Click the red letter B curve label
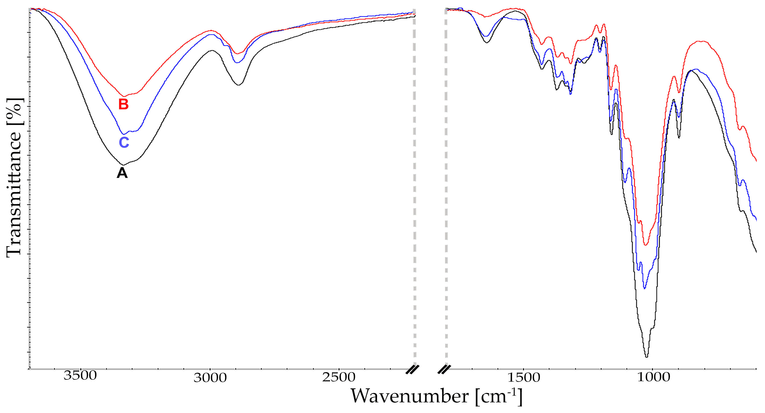coord(124,104)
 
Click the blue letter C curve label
coord(124,143)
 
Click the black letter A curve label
coord(122,173)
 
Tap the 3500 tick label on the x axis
coord(80,375)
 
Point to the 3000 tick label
coord(210,378)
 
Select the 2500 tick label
coord(339,377)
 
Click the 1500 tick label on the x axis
coord(523,378)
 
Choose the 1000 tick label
coord(654,377)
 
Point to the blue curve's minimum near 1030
coord(644,288)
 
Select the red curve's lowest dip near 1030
coord(645,245)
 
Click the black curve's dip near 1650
coord(486,42)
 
